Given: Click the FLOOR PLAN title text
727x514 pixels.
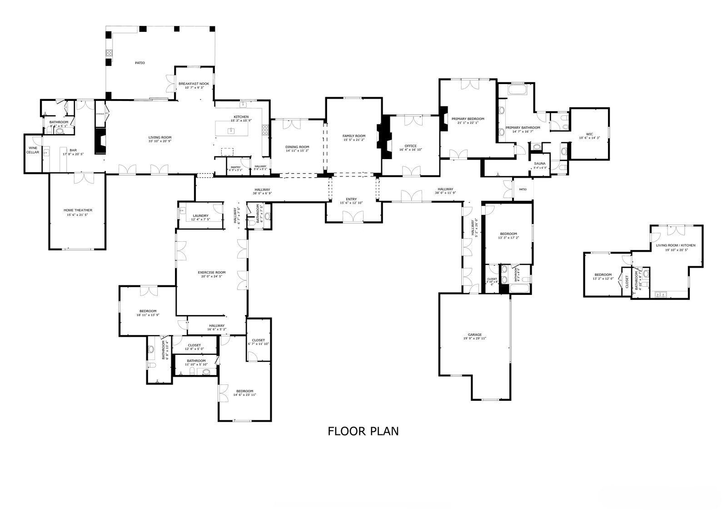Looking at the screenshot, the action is (x=363, y=431).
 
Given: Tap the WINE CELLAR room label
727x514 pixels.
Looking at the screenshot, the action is (x=33, y=150).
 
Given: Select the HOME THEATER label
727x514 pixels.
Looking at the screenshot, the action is (x=78, y=210).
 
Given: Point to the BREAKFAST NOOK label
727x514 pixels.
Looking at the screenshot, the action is (x=194, y=84).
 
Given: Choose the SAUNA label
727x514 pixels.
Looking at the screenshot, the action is (x=540, y=163).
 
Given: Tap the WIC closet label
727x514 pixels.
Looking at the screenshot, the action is (x=589, y=134).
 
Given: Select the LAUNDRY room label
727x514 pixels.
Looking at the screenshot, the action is (x=200, y=215).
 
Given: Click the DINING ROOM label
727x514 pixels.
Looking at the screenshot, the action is (x=297, y=147).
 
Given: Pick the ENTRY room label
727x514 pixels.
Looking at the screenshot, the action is (x=351, y=199).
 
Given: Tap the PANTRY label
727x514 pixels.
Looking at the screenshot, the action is (x=235, y=167).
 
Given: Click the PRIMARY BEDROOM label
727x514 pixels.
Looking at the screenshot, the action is (x=468, y=119).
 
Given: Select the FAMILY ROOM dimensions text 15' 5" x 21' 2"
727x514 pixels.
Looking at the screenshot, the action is (x=354, y=140).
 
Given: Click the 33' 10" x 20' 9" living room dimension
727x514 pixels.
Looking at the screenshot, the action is (x=159, y=141).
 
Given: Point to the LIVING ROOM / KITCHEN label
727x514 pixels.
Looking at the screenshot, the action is (x=675, y=245).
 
